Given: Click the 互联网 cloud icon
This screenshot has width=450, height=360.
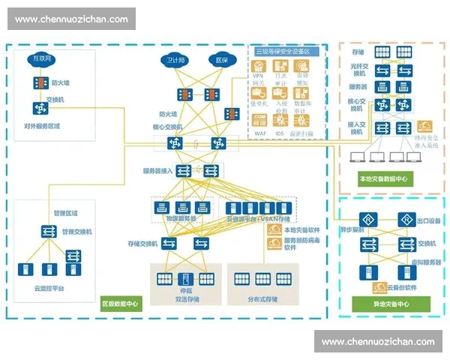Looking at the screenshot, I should pyautogui.click(x=40, y=58).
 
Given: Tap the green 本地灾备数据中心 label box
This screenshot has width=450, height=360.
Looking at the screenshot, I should pyautogui.click(x=382, y=178).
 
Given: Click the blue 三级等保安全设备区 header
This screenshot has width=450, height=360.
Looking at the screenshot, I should pyautogui.click(x=287, y=51).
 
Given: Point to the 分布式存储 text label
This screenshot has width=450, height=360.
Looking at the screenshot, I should pyautogui.click(x=262, y=299).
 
